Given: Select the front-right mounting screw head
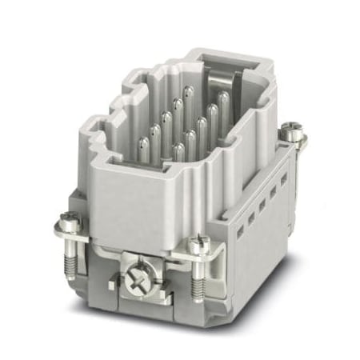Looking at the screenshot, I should point(198,240).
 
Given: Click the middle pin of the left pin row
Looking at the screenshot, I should point(166,120).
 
